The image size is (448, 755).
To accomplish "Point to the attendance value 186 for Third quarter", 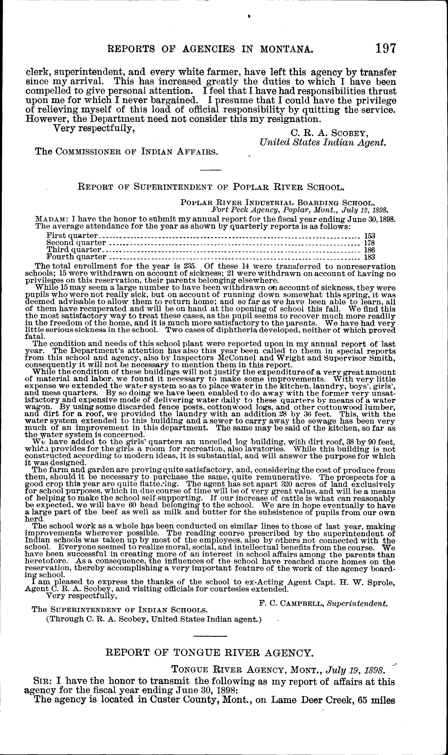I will pyautogui.click(x=369, y=250).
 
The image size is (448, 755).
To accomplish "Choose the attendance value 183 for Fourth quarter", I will pyautogui.click(x=369, y=257).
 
